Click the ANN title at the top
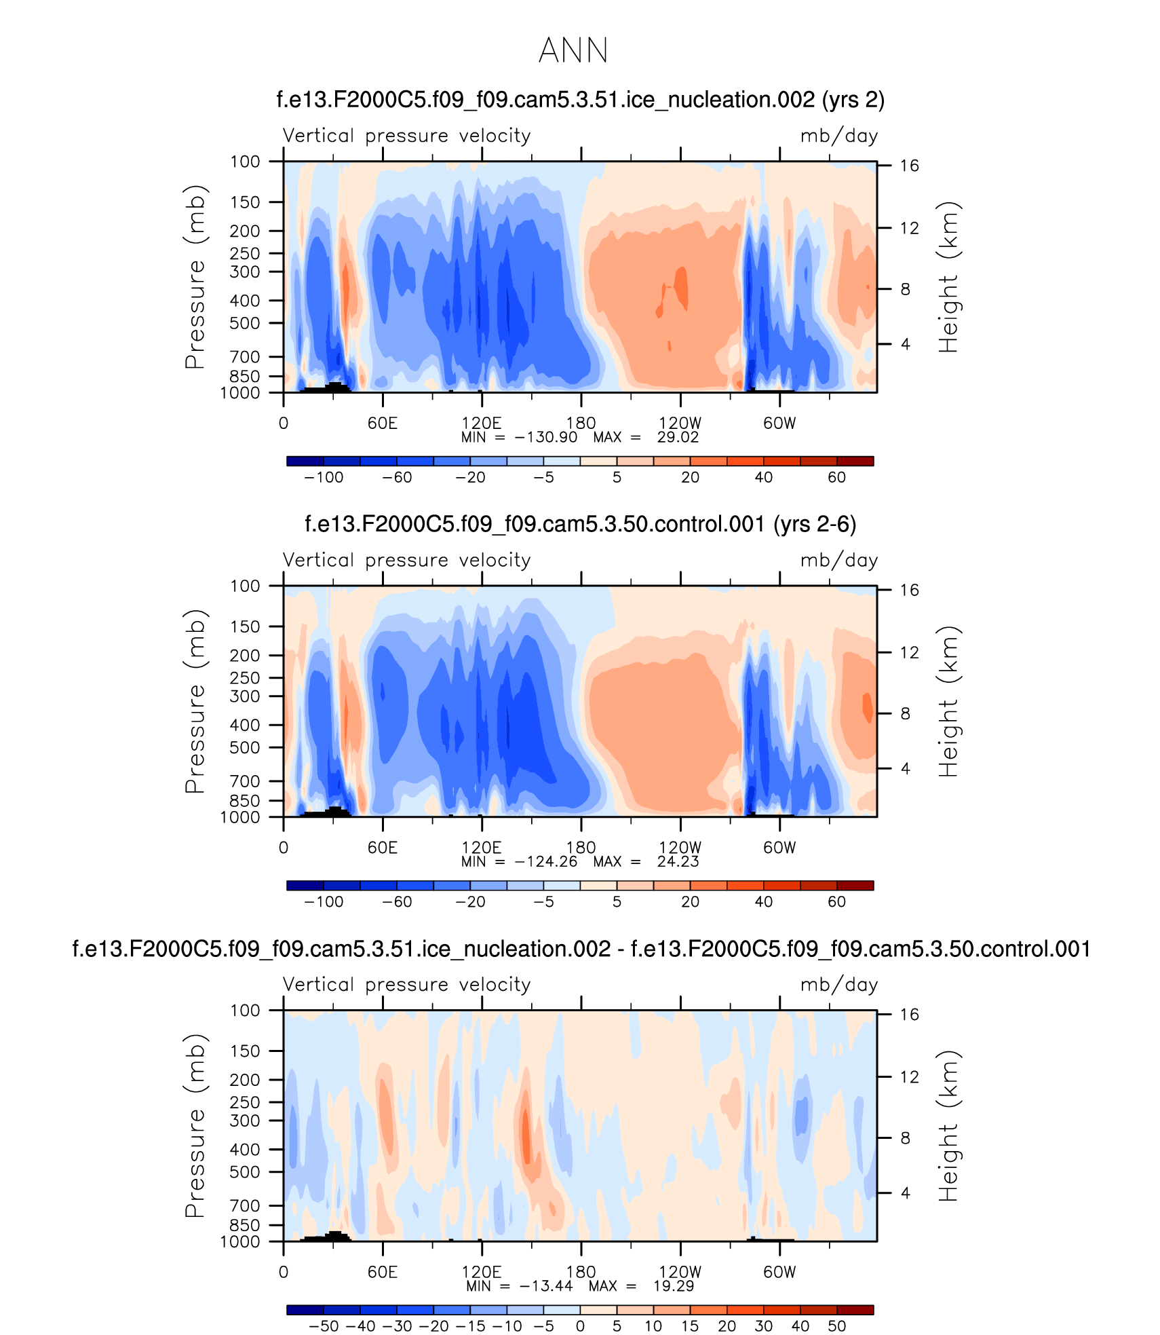click(x=573, y=51)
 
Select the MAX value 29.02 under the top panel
click(x=677, y=437)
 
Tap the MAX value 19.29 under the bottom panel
click(x=674, y=1285)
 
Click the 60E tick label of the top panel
click(x=383, y=423)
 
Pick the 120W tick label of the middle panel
click(x=680, y=847)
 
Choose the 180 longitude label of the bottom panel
click(x=581, y=1271)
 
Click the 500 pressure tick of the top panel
click(x=245, y=323)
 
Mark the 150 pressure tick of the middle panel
click(x=245, y=626)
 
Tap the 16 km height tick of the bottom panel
click(x=909, y=1014)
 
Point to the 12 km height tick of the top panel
click(x=909, y=228)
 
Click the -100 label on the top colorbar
click(x=324, y=477)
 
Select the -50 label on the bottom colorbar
click(x=324, y=1325)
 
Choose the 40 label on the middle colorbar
click(x=763, y=901)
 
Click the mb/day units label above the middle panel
click(x=838, y=560)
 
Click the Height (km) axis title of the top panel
click(x=948, y=277)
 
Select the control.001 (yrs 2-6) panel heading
click(x=580, y=524)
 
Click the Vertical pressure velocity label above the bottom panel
click(x=406, y=984)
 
